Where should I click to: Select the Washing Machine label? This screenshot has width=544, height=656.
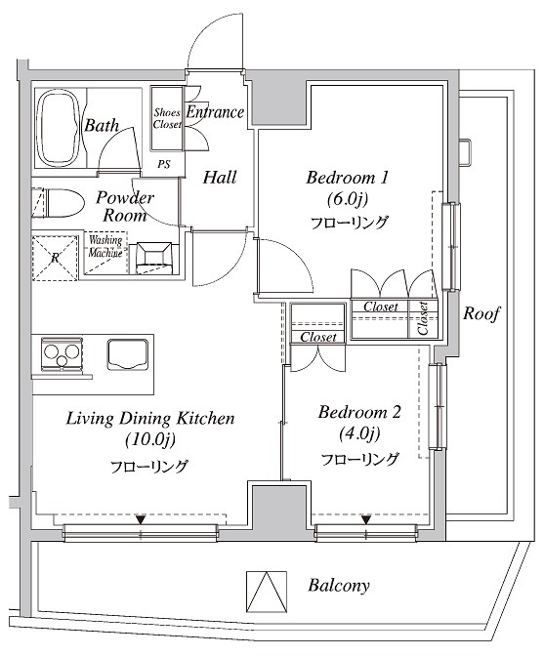[x=105, y=246]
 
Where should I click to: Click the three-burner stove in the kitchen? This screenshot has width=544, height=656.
[x=62, y=354]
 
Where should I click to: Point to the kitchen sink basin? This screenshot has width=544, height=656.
[x=128, y=354]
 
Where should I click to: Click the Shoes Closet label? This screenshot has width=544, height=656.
[x=167, y=118]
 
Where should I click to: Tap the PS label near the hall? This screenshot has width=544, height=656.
[x=164, y=164]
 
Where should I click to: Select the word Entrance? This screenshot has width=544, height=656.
[x=215, y=111]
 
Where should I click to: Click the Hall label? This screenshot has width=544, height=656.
[x=220, y=177]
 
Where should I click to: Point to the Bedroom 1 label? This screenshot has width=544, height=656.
[x=347, y=178]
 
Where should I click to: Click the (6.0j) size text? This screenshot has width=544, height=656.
[x=348, y=199]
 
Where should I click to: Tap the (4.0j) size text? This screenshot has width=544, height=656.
[x=359, y=433]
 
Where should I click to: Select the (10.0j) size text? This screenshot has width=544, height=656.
[x=150, y=439]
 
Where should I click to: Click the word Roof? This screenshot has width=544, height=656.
[x=481, y=313]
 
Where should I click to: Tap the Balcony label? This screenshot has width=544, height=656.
[x=339, y=586]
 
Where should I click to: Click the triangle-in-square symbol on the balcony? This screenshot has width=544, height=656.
[x=267, y=592]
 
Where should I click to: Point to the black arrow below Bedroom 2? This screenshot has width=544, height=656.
[x=366, y=519]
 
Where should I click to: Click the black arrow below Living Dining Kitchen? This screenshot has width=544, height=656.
[x=141, y=519]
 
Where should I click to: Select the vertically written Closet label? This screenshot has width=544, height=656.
[x=423, y=319]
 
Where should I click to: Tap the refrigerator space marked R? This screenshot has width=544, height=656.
[x=55, y=258]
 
